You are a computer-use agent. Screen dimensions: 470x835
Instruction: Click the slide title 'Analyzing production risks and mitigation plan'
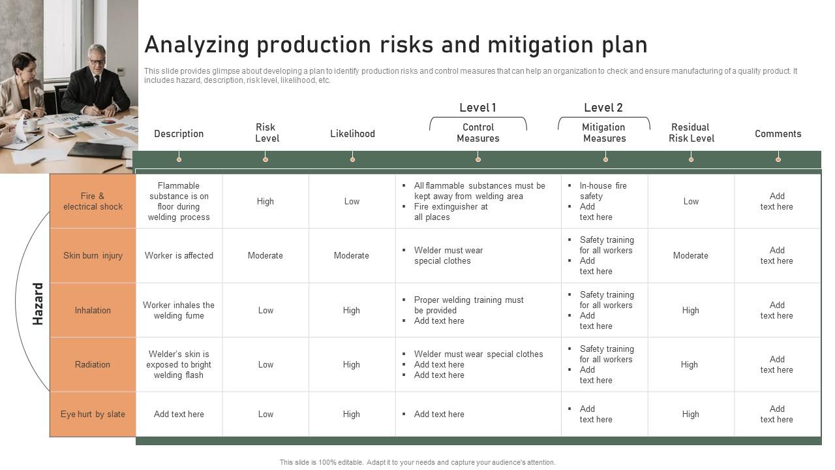(395, 44)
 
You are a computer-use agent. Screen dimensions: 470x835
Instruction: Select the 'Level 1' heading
(478, 108)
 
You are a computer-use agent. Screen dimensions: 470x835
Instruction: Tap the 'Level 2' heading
(603, 108)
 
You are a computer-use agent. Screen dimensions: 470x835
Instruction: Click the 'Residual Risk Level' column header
(691, 133)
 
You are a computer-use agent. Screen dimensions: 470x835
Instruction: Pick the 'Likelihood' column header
(352, 134)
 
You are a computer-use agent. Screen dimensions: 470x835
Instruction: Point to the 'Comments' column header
(778, 134)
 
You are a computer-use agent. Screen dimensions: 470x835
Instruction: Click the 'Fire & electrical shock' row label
(93, 201)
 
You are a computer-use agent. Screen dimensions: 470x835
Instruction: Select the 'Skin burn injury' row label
(93, 255)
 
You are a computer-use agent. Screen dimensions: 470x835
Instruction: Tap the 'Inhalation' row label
(93, 310)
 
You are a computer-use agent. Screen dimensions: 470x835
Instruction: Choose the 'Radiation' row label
(93, 364)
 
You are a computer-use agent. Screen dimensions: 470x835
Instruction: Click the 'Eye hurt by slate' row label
(93, 414)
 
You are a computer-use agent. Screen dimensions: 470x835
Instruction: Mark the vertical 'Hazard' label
(38, 304)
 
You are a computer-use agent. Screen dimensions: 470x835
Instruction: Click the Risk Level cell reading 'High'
(266, 201)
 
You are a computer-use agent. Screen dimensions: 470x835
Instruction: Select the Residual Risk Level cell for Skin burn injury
(690, 255)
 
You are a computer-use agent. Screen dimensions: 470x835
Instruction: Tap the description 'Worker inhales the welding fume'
(179, 310)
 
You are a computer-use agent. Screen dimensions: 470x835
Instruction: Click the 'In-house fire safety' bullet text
(603, 191)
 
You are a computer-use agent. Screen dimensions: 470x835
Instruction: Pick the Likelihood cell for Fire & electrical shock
(352, 201)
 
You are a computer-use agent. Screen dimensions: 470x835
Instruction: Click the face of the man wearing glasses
(97, 59)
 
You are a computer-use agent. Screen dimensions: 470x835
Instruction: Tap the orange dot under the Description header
(179, 159)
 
